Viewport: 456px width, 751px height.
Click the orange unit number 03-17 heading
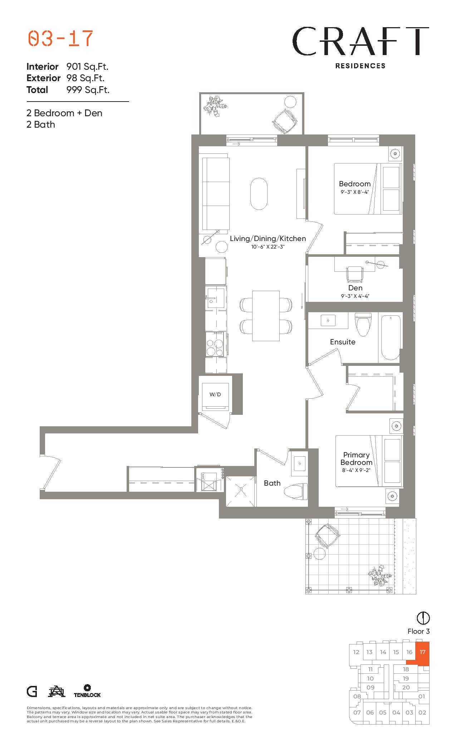point(60,39)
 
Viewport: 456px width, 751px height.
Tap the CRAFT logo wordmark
point(361,41)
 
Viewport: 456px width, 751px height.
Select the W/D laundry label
point(215,394)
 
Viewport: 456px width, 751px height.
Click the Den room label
point(355,288)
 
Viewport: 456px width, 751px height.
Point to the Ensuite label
point(343,342)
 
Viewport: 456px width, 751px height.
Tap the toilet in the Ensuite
point(363,324)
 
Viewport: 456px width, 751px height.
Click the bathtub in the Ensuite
point(390,338)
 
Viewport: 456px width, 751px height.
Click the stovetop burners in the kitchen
point(215,344)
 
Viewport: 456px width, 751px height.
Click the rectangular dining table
point(266,316)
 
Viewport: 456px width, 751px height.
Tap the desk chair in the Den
point(354,274)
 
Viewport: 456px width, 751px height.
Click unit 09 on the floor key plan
point(371,687)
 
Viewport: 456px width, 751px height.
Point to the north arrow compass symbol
point(423,618)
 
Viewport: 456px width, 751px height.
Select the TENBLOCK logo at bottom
point(87,691)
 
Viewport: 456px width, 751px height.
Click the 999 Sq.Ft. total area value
point(88,90)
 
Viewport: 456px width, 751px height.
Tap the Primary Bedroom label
point(356,458)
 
